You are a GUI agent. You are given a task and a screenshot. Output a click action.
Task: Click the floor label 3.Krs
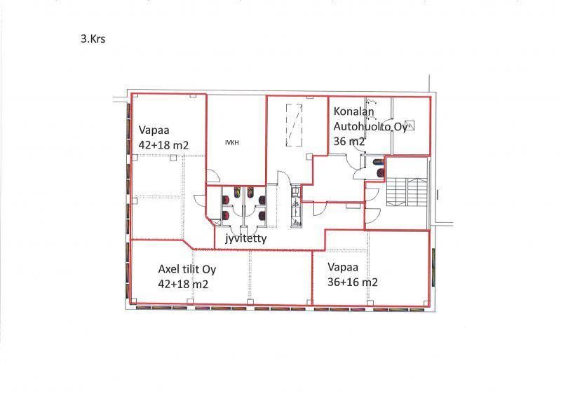(93, 39)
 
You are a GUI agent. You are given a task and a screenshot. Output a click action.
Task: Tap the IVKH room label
(232, 143)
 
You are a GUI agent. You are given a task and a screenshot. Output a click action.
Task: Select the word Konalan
(353, 111)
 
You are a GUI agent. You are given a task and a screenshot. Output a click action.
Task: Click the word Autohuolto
(363, 126)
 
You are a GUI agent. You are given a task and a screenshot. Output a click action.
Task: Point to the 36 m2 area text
(349, 142)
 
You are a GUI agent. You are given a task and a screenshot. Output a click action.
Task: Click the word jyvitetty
(246, 238)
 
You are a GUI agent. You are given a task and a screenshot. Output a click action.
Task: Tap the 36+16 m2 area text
(353, 282)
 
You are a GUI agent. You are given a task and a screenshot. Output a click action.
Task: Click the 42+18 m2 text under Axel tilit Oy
(183, 284)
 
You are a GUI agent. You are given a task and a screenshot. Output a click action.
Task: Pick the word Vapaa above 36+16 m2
(343, 267)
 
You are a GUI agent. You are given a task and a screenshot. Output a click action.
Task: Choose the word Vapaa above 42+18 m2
(154, 130)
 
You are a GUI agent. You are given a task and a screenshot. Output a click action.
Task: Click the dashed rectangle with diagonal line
(294, 125)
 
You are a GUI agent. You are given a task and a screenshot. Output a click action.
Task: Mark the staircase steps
(407, 192)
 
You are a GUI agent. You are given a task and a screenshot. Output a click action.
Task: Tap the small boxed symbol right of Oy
(410, 125)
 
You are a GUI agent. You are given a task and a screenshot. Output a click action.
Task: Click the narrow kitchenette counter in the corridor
(296, 207)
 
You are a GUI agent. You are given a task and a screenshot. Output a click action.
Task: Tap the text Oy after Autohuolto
(400, 127)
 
